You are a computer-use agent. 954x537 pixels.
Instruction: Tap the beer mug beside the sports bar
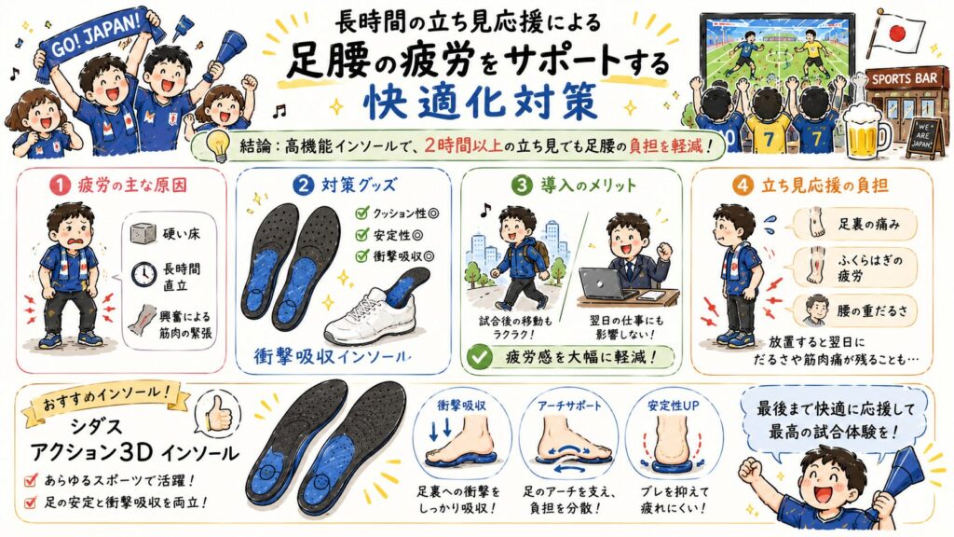tap(865, 131)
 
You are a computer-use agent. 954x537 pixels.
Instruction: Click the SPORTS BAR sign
tap(905, 79)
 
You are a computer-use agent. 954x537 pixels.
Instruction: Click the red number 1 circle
tap(60, 186)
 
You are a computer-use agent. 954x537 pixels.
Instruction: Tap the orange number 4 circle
tap(743, 186)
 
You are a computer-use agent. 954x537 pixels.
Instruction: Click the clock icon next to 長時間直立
tap(143, 275)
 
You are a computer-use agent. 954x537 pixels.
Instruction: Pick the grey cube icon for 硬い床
tap(143, 233)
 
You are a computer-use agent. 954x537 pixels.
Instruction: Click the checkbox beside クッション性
tap(362, 213)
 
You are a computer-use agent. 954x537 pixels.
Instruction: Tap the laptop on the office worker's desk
tap(603, 283)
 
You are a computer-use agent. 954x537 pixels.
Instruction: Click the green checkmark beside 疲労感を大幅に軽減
tap(480, 357)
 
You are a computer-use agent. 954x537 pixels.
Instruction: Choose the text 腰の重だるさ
tap(871, 311)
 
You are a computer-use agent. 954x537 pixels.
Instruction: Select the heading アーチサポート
tap(569, 406)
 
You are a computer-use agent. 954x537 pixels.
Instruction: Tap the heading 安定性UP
tap(673, 406)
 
